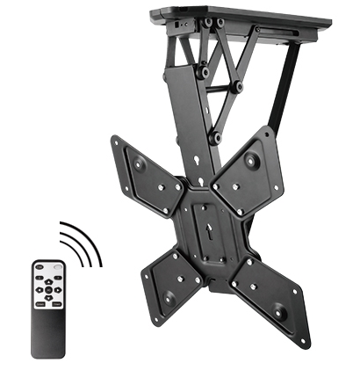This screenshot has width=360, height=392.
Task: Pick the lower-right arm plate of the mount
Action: click(x=272, y=290)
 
